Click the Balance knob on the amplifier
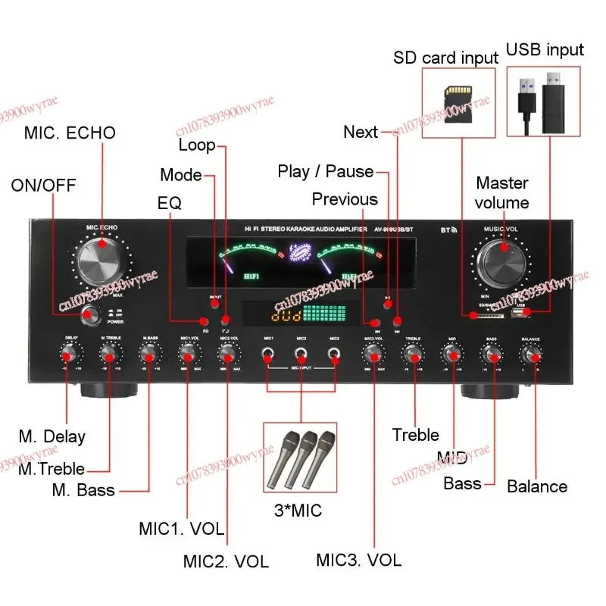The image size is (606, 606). [530, 353]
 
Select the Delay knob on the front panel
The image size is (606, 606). [70, 353]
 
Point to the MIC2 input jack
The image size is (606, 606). [301, 353]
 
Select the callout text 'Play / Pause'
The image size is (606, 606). [326, 172]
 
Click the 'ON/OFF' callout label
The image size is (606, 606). [43, 186]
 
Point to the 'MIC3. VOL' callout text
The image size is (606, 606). [358, 561]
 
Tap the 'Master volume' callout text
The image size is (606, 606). [502, 192]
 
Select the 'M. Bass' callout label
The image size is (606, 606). [83, 490]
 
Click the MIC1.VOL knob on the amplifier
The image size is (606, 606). [188, 353]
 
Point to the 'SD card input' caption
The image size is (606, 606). [445, 58]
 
